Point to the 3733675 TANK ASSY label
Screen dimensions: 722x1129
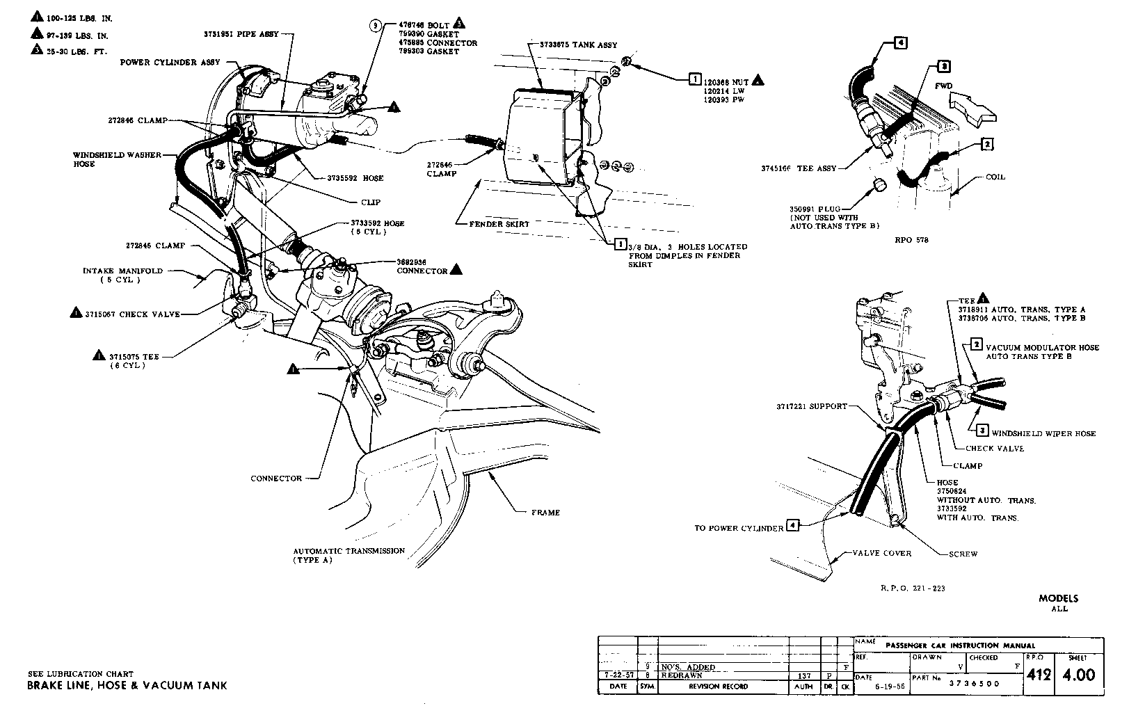point(579,45)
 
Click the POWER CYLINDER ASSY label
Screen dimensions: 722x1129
point(165,62)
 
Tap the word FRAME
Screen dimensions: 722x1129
point(545,513)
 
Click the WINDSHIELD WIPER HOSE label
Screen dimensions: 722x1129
point(1043,433)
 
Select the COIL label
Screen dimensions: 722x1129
point(996,177)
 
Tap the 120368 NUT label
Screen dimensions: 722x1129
point(726,80)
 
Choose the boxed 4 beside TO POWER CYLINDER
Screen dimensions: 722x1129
point(792,527)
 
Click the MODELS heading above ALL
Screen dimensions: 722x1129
point(1058,598)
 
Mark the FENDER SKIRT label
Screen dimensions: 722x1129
point(499,224)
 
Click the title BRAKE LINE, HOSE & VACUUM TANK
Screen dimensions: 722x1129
point(127,686)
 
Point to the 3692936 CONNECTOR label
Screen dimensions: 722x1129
point(422,266)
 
